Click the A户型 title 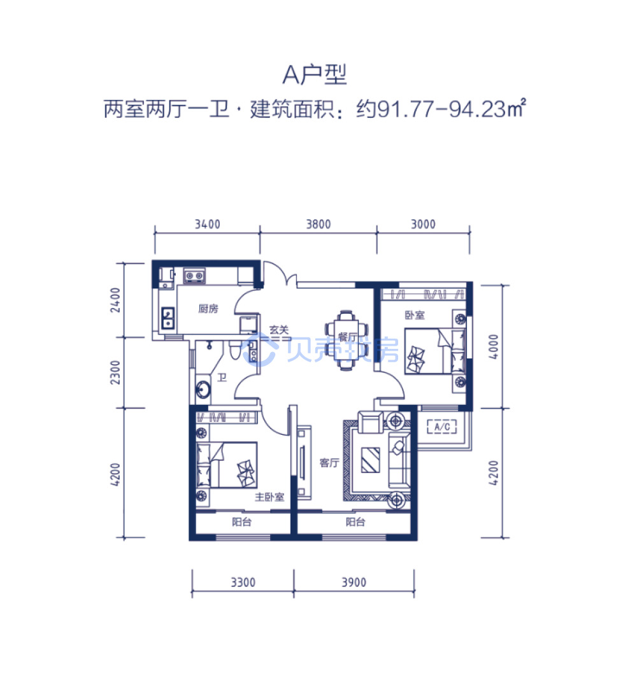[x=315, y=74]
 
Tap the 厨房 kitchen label [x=208, y=309]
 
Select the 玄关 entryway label [x=279, y=330]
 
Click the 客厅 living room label [x=329, y=463]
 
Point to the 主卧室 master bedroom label [x=269, y=497]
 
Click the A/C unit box [x=442, y=427]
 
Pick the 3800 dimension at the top [x=318, y=224]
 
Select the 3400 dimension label [x=208, y=224]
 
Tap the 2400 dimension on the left [x=115, y=300]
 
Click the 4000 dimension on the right [x=493, y=346]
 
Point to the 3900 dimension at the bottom [x=354, y=582]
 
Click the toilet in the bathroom [x=235, y=349]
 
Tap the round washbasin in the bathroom [x=203, y=390]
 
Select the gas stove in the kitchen [x=195, y=276]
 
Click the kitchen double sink [x=168, y=318]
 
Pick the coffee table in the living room [x=370, y=460]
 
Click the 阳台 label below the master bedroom [x=241, y=522]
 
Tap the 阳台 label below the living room [x=355, y=522]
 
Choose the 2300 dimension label [x=115, y=372]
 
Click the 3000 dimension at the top [x=423, y=224]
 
